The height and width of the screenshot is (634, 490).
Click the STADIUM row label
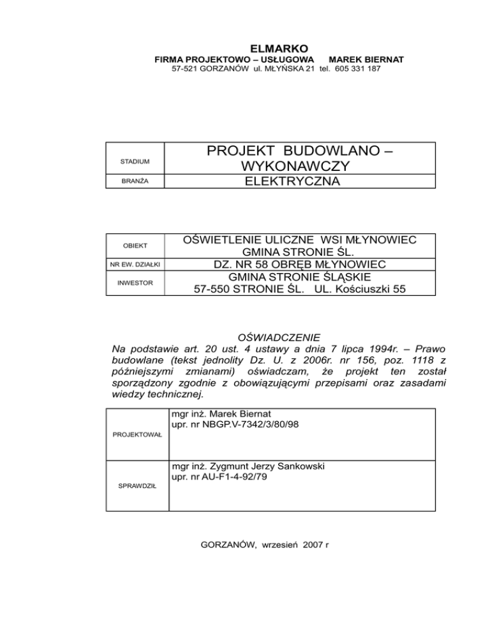pos(135,161)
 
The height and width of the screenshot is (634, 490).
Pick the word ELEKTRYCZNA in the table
pos(300,182)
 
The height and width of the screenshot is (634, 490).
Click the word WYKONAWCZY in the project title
pos(300,166)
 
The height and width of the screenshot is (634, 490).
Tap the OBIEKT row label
pos(136,246)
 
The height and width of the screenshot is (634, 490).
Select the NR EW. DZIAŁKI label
pos(136,264)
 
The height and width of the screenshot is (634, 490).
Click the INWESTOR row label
pos(135,282)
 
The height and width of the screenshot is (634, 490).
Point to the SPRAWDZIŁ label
pos(135,486)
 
